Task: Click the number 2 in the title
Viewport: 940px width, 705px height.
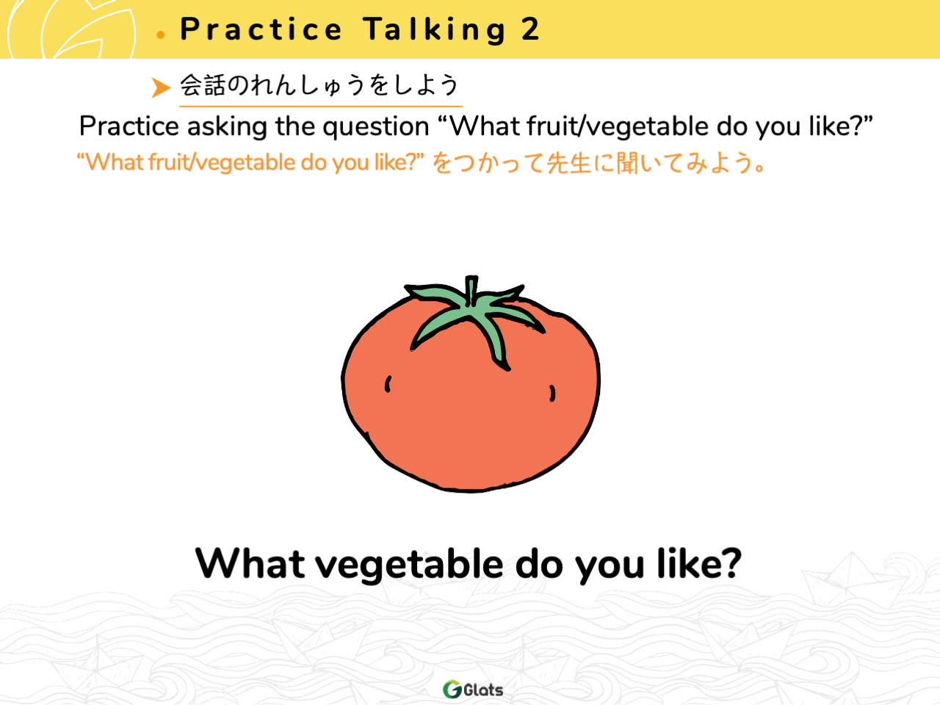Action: click(530, 29)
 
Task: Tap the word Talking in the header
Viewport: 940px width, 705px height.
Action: click(434, 30)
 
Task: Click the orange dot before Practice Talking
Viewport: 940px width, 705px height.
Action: click(161, 35)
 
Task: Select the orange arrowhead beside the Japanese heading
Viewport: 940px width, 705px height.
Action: click(161, 87)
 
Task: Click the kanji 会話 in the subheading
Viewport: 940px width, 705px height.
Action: click(203, 84)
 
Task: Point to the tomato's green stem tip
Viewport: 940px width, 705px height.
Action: click(471, 278)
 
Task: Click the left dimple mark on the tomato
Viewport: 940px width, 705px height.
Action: click(388, 384)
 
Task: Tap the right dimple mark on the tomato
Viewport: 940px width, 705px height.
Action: click(552, 393)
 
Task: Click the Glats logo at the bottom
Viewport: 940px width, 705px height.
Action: click(473, 689)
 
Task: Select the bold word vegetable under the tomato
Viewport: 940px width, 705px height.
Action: click(409, 565)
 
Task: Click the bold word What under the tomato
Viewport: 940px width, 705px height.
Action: click(250, 563)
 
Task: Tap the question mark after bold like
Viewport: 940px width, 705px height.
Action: click(728, 563)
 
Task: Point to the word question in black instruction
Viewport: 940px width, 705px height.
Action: click(375, 127)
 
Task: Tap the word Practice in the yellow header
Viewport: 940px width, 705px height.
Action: click(261, 29)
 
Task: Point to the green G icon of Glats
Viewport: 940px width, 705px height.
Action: click(452, 689)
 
